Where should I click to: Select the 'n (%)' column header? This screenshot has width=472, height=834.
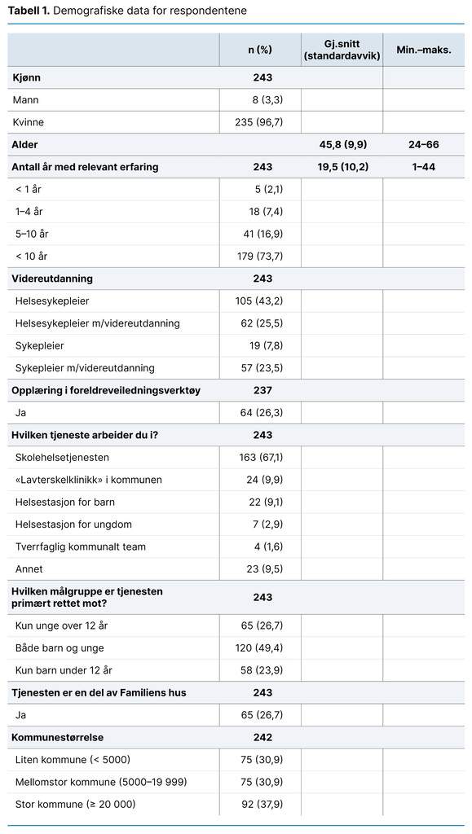pos(260,50)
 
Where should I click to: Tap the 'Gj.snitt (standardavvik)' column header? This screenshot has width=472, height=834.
pos(342,50)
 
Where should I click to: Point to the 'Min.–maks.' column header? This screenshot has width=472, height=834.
pos(423,50)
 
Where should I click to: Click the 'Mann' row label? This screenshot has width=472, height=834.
pos(26,100)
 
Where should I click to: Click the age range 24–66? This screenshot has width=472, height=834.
pos(423,144)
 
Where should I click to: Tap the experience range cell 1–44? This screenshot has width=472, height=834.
pos(423,167)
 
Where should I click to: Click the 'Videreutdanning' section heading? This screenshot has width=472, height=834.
pos(52,279)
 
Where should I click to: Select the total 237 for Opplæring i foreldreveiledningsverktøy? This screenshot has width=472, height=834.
pos(262,390)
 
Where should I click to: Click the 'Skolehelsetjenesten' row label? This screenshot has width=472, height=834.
pos(62,457)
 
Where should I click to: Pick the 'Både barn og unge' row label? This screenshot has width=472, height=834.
pos(60,647)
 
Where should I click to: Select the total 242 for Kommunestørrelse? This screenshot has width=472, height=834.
pos(262,737)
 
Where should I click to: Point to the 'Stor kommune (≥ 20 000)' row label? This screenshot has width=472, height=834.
pos(75,804)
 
